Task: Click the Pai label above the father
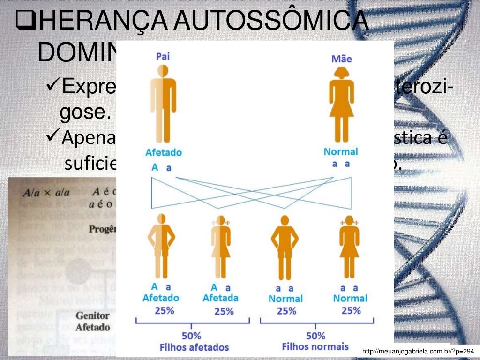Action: tap(162, 57)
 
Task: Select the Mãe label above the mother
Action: tap(341, 59)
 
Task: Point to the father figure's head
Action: tap(162, 71)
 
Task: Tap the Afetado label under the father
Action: tap(163, 152)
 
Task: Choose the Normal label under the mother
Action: tap(341, 152)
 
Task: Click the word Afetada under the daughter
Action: tap(220, 298)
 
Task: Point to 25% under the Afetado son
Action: tap(162, 310)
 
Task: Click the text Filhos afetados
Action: tap(194, 347)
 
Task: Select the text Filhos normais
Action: tap(315, 346)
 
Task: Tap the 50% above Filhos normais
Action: tap(315, 336)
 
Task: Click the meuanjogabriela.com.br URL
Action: tap(419, 351)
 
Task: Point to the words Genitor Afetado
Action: tap(93, 322)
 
